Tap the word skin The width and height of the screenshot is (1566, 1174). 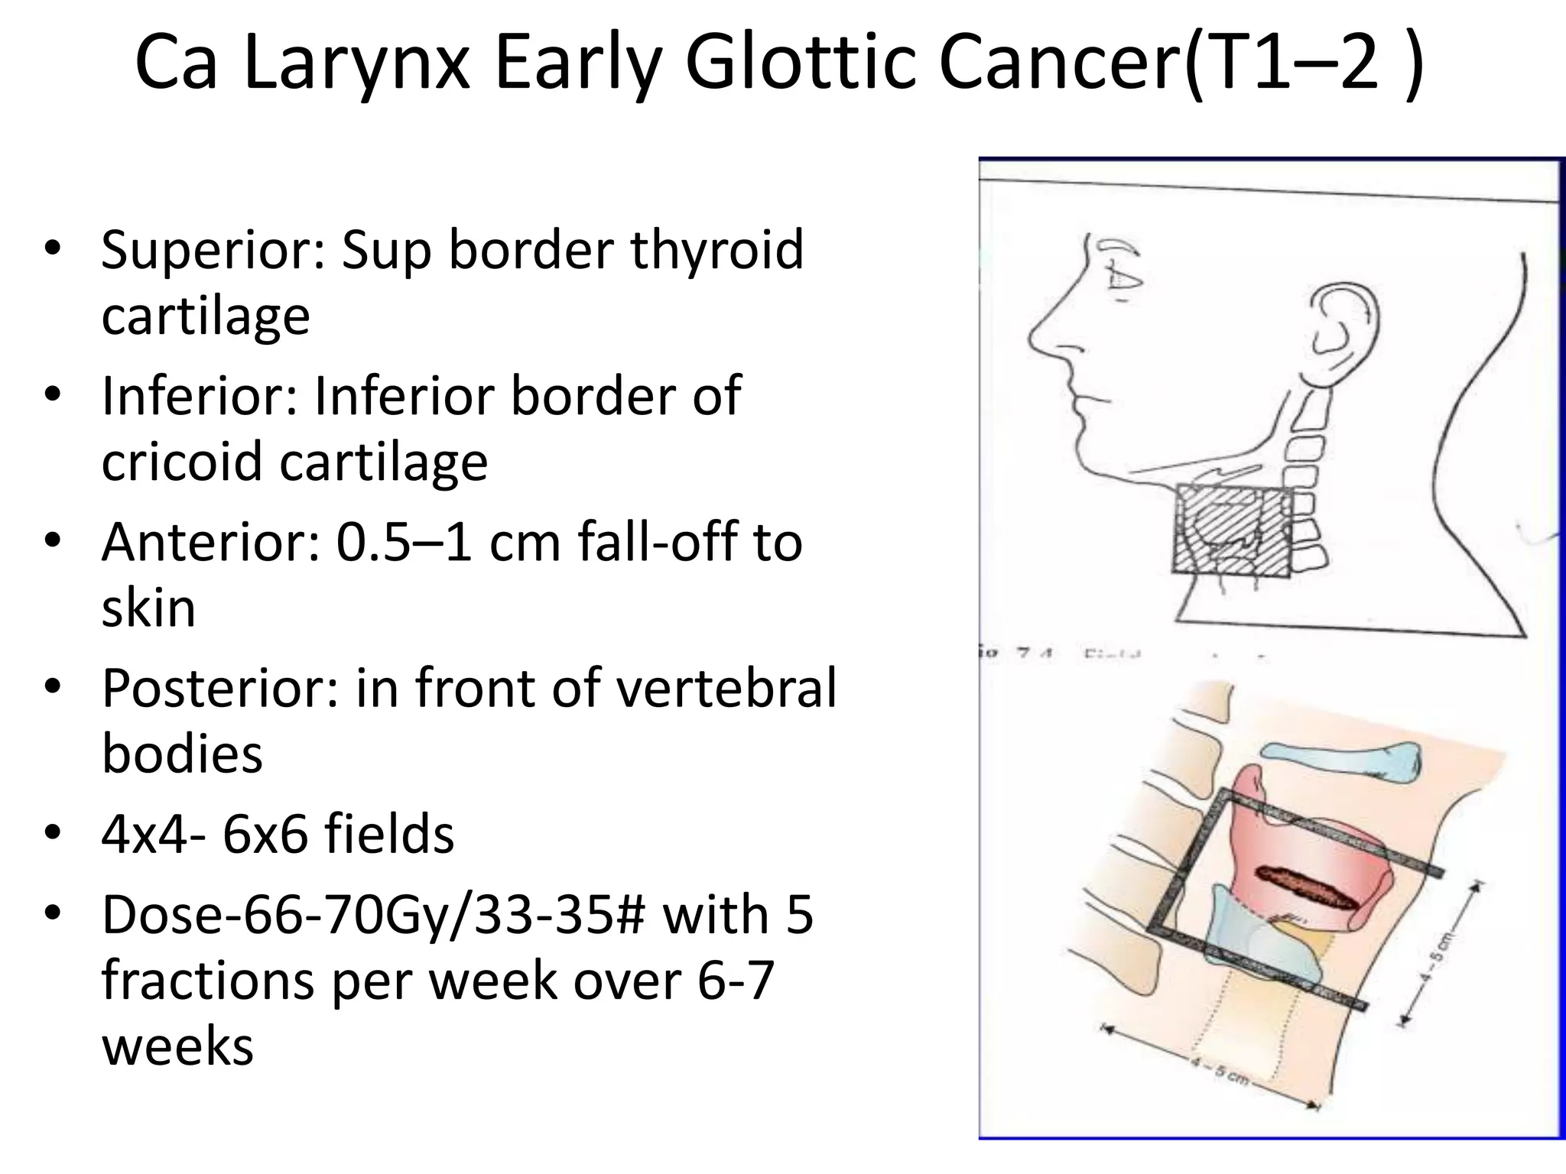click(x=148, y=608)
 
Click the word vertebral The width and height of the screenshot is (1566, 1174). click(x=726, y=688)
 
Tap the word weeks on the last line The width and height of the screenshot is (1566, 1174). click(x=177, y=1046)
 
